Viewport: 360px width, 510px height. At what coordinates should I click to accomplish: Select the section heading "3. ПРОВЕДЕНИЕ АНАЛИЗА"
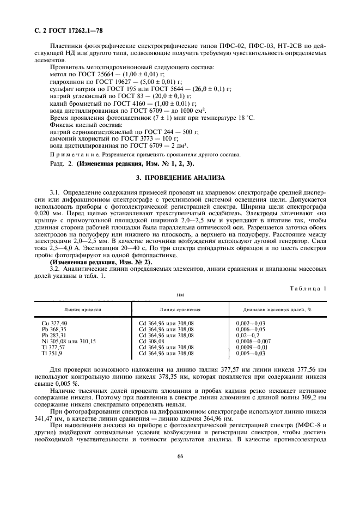(x=180, y=178)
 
